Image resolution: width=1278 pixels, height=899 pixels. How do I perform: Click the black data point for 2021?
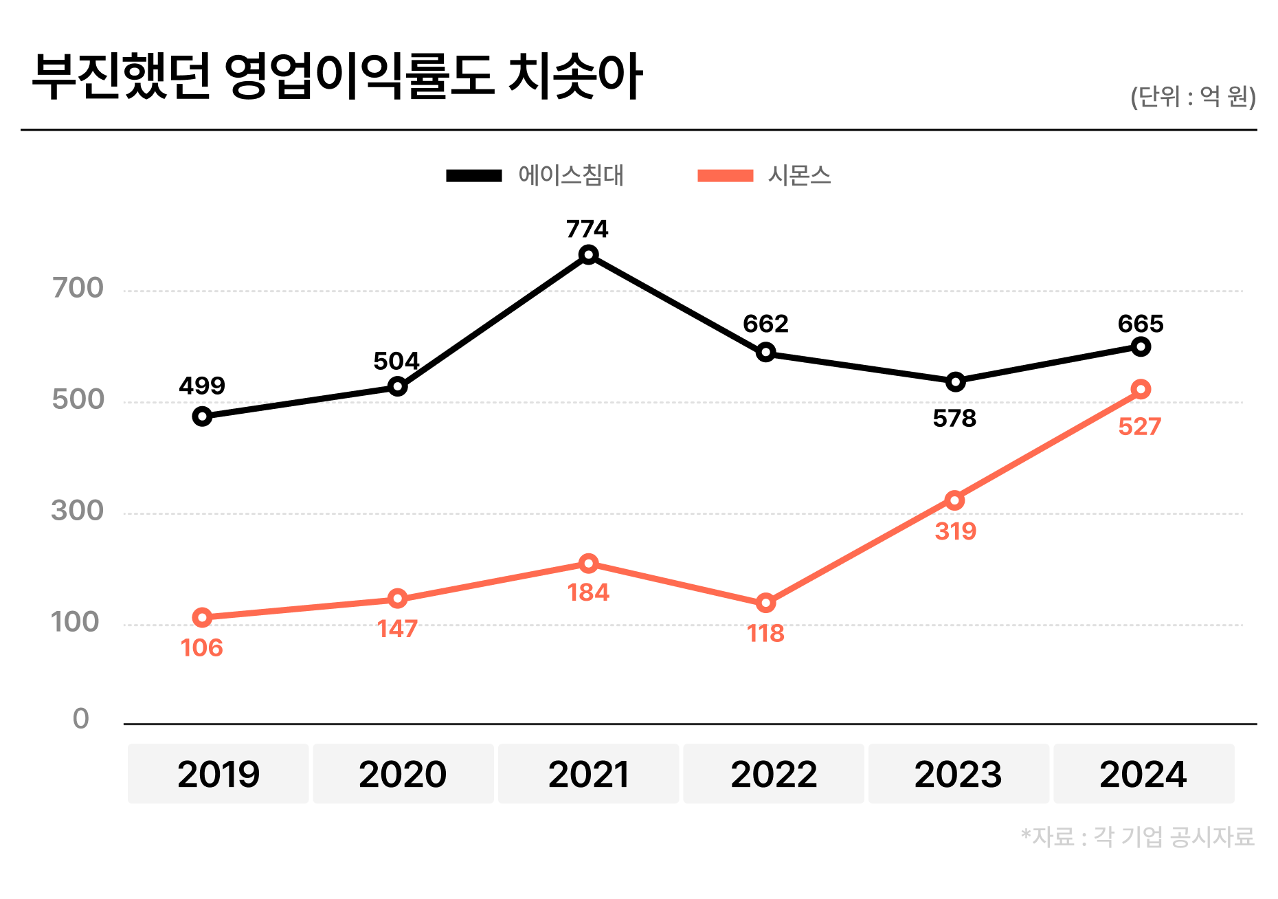(x=588, y=256)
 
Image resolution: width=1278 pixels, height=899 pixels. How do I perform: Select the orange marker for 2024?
(x=1141, y=390)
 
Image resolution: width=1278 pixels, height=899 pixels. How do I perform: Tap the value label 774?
(x=587, y=229)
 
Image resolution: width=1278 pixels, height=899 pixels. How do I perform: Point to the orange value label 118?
(x=765, y=633)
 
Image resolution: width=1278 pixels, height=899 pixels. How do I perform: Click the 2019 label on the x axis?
(x=218, y=774)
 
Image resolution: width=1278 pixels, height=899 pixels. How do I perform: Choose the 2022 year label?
(x=774, y=774)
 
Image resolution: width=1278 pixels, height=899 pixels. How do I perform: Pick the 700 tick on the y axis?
(x=78, y=288)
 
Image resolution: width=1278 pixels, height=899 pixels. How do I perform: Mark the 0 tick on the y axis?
(x=81, y=719)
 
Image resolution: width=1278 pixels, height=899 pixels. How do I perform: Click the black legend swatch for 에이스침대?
(x=474, y=176)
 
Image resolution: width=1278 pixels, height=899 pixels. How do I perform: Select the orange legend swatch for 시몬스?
(x=725, y=176)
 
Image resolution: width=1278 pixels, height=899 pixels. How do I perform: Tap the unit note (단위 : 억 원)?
(x=1193, y=97)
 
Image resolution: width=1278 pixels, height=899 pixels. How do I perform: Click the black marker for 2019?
(x=202, y=417)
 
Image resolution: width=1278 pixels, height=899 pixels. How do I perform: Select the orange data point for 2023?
(x=954, y=500)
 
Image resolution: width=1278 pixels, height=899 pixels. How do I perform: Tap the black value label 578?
(x=954, y=419)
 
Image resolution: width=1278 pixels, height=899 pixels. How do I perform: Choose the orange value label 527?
(x=1139, y=427)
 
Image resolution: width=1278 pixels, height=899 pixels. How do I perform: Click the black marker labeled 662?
(x=765, y=353)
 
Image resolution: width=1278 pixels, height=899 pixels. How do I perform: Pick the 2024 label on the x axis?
(x=1143, y=774)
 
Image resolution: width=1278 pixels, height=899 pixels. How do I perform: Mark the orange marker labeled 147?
(x=397, y=599)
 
